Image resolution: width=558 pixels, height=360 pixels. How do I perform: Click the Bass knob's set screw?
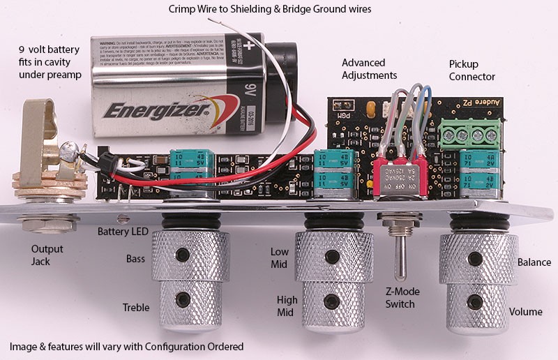183,253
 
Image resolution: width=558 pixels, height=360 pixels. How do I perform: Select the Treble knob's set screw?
183,299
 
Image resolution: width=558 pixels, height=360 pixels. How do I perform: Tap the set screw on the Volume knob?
476,302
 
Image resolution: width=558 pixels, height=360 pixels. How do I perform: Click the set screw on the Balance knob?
476,259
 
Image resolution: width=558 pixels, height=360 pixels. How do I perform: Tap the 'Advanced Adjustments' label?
369,68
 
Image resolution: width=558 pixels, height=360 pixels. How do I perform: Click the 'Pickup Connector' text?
472,70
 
